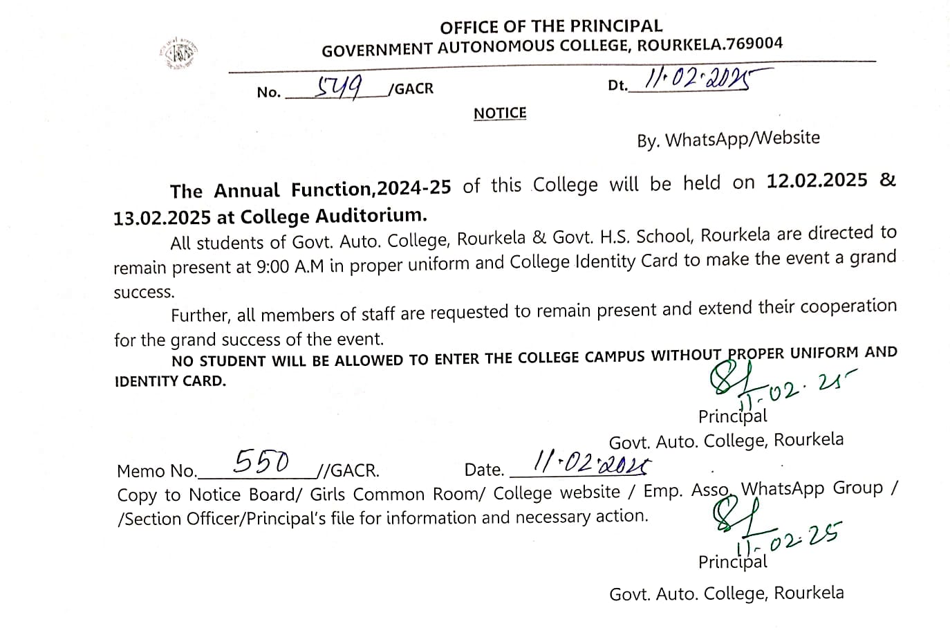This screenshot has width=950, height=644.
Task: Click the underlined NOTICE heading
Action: [500, 113]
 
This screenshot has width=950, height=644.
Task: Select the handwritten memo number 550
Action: [261, 461]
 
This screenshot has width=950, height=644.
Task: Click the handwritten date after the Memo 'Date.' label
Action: [591, 462]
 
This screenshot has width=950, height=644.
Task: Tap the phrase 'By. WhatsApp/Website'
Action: [728, 139]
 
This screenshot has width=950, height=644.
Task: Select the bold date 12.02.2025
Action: [817, 181]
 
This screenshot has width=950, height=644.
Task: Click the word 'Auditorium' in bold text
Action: [371, 215]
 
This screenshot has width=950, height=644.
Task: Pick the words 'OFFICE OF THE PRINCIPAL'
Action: [551, 26]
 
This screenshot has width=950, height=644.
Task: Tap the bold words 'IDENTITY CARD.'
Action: [170, 381]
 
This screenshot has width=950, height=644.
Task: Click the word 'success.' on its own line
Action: [144, 292]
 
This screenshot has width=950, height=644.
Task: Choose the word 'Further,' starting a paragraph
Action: [201, 315]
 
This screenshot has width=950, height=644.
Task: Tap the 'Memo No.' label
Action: [157, 471]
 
